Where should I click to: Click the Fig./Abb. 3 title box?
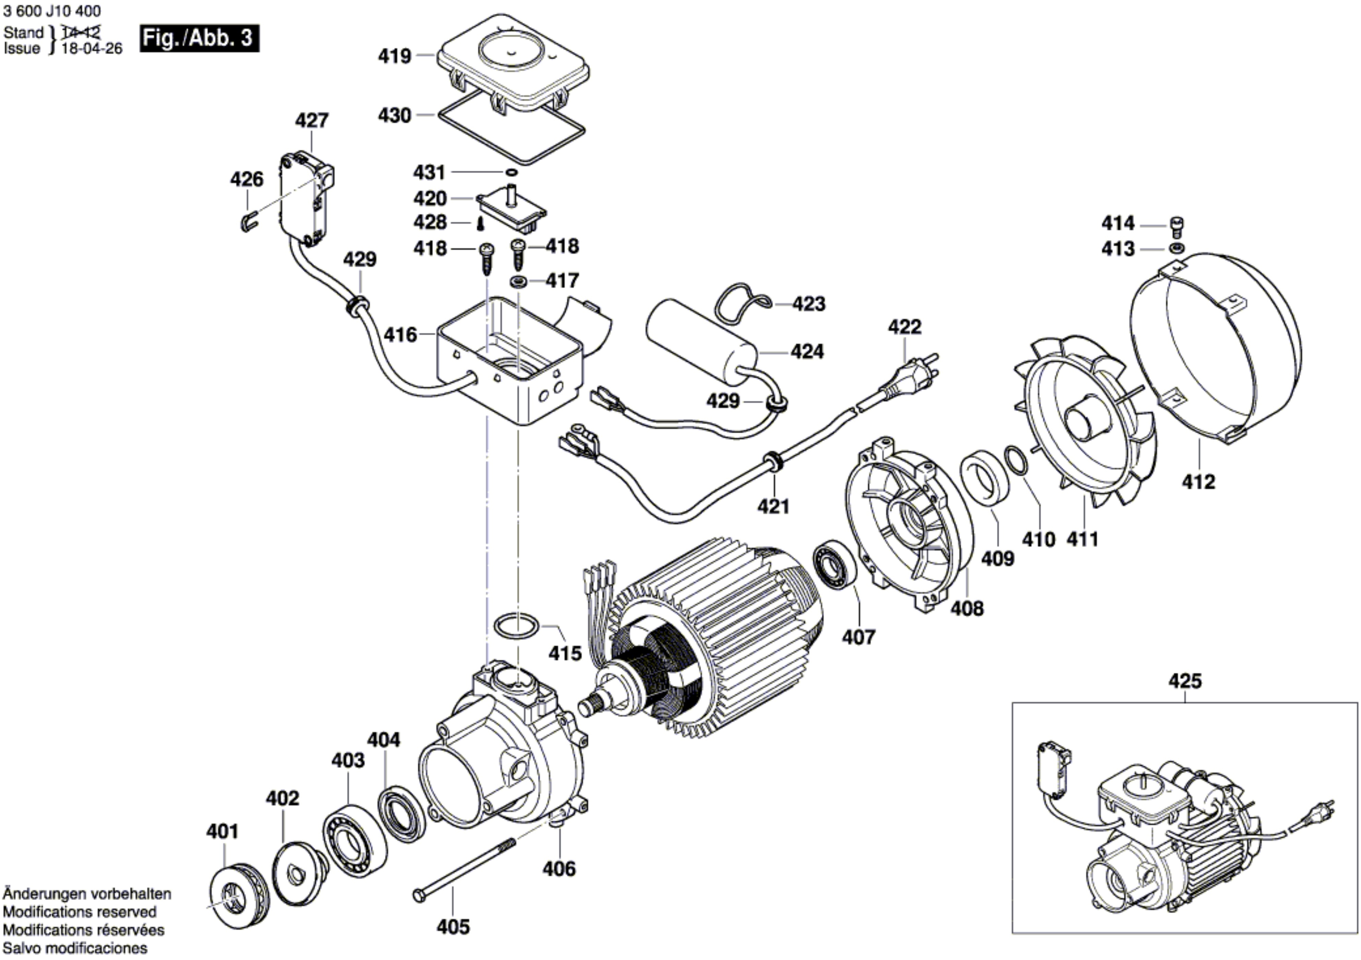click(199, 38)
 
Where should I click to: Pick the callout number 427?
click(312, 120)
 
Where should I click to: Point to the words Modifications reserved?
click(80, 911)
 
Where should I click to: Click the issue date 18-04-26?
click(92, 49)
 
